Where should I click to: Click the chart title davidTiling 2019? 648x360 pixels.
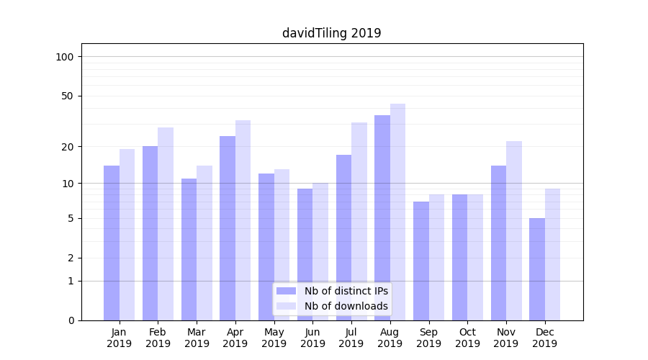tap(331, 33)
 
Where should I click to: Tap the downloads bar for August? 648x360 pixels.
tap(397, 212)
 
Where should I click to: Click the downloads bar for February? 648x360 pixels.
tap(166, 223)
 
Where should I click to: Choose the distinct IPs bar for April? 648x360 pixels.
tap(228, 228)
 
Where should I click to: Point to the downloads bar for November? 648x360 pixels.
tap(514, 230)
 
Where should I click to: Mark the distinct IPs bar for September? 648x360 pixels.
tap(421, 261)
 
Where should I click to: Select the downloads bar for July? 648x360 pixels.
tap(359, 221)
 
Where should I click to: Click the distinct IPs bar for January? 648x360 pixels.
tap(112, 243)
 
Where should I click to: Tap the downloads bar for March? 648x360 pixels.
tap(204, 243)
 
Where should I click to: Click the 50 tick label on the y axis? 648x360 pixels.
tap(68, 96)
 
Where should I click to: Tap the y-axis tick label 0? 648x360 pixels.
tap(71, 320)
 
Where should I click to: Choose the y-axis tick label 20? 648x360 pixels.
tap(68, 147)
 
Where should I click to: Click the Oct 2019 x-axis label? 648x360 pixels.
tap(467, 338)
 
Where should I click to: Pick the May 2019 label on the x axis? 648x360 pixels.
tap(274, 338)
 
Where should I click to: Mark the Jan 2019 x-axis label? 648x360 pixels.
tap(120, 338)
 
